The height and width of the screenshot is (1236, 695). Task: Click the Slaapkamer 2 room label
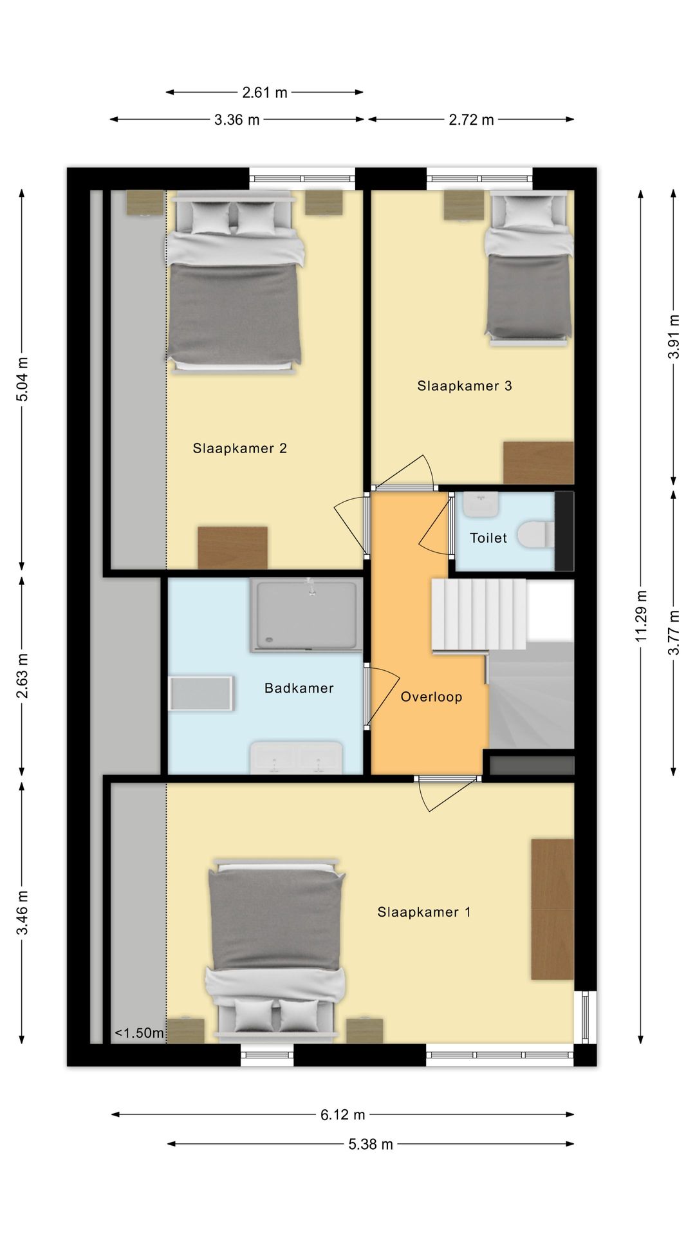239,449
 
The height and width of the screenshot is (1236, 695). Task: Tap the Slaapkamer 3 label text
465,386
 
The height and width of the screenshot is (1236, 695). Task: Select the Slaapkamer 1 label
424,912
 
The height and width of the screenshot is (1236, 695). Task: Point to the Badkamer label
299,688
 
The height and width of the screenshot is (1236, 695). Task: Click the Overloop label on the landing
431,697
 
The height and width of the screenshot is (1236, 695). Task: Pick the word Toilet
488,538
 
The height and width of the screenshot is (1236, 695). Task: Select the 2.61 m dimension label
264,93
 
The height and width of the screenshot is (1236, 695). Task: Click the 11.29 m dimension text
641,615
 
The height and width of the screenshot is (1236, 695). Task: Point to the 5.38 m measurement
371,1144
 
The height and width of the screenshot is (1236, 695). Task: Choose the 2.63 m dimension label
23,676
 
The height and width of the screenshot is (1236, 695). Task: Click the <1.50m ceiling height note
139,1033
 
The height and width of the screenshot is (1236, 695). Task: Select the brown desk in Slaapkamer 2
232,548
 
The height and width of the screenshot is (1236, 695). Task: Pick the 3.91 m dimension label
674,337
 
